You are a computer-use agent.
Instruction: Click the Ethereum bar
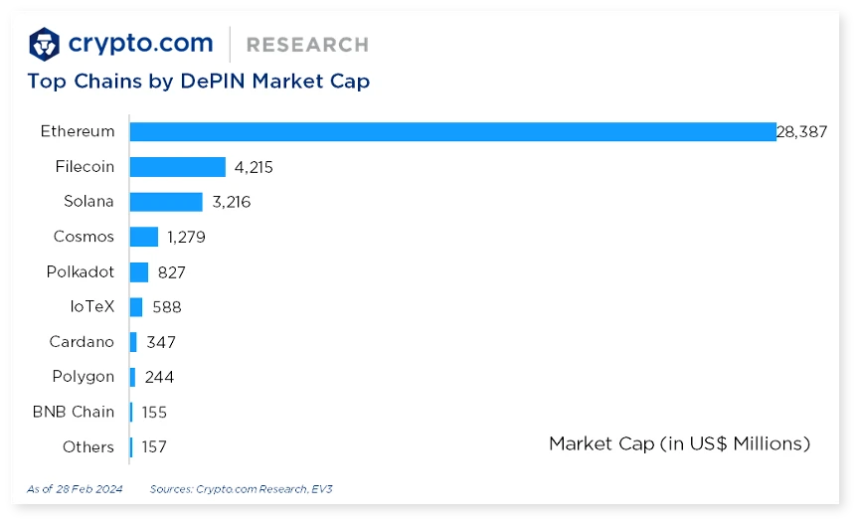(x=452, y=131)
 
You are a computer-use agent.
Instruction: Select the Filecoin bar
(x=177, y=167)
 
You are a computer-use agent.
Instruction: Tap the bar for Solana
(x=166, y=202)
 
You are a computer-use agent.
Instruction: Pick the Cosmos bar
(x=144, y=237)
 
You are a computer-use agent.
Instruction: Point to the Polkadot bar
(x=139, y=271)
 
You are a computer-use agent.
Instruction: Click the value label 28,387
(x=801, y=131)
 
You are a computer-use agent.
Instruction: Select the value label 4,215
(x=254, y=167)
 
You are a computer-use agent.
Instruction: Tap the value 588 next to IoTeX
(x=167, y=307)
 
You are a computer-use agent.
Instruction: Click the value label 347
(x=161, y=342)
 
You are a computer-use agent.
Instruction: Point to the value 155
(x=154, y=412)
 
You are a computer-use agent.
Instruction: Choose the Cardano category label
(x=82, y=342)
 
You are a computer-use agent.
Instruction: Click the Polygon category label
(x=84, y=377)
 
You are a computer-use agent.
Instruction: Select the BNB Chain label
(x=74, y=412)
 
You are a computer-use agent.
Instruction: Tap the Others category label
(x=88, y=447)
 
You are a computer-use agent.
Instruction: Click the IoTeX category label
(x=91, y=307)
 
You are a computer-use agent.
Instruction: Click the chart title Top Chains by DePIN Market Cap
(x=199, y=82)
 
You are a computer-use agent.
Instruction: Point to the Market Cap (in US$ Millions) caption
(x=679, y=443)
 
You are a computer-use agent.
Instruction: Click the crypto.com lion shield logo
(x=45, y=44)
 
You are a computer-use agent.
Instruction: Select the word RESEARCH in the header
(x=307, y=45)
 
